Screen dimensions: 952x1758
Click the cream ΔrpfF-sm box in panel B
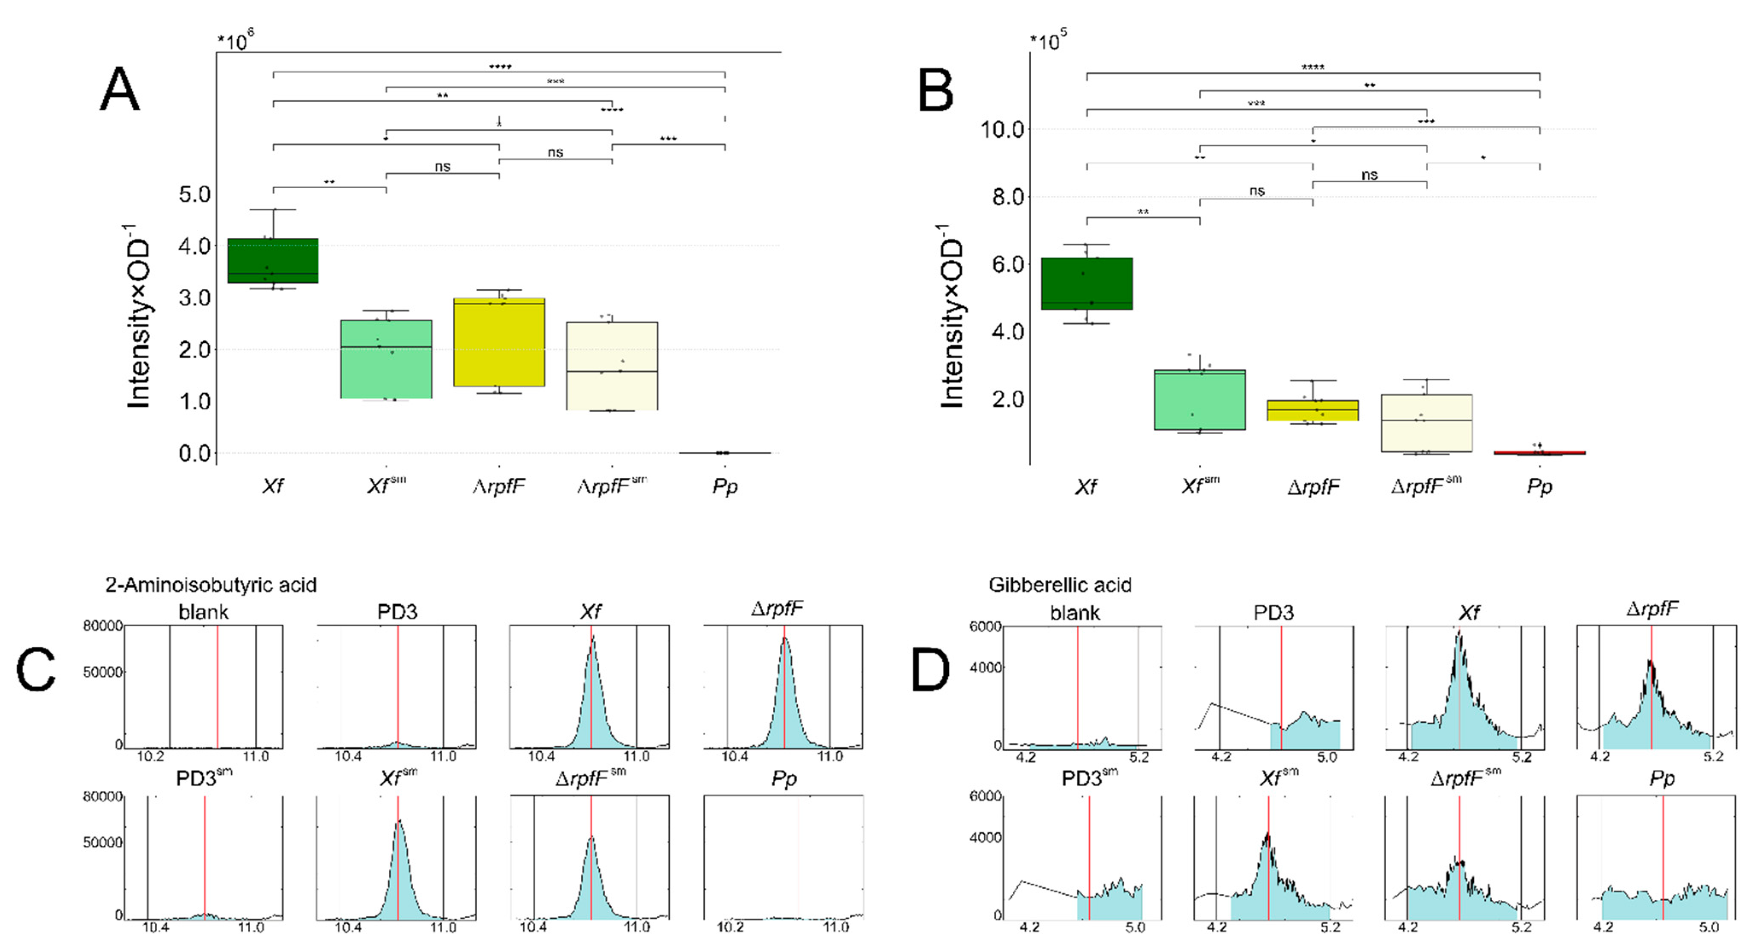1426,423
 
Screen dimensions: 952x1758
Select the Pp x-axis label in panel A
724,487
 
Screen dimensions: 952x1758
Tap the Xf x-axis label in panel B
1086,487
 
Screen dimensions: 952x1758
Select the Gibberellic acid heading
1059,585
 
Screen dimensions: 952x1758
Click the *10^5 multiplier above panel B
1047,41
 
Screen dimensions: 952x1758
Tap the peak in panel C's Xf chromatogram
592,638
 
